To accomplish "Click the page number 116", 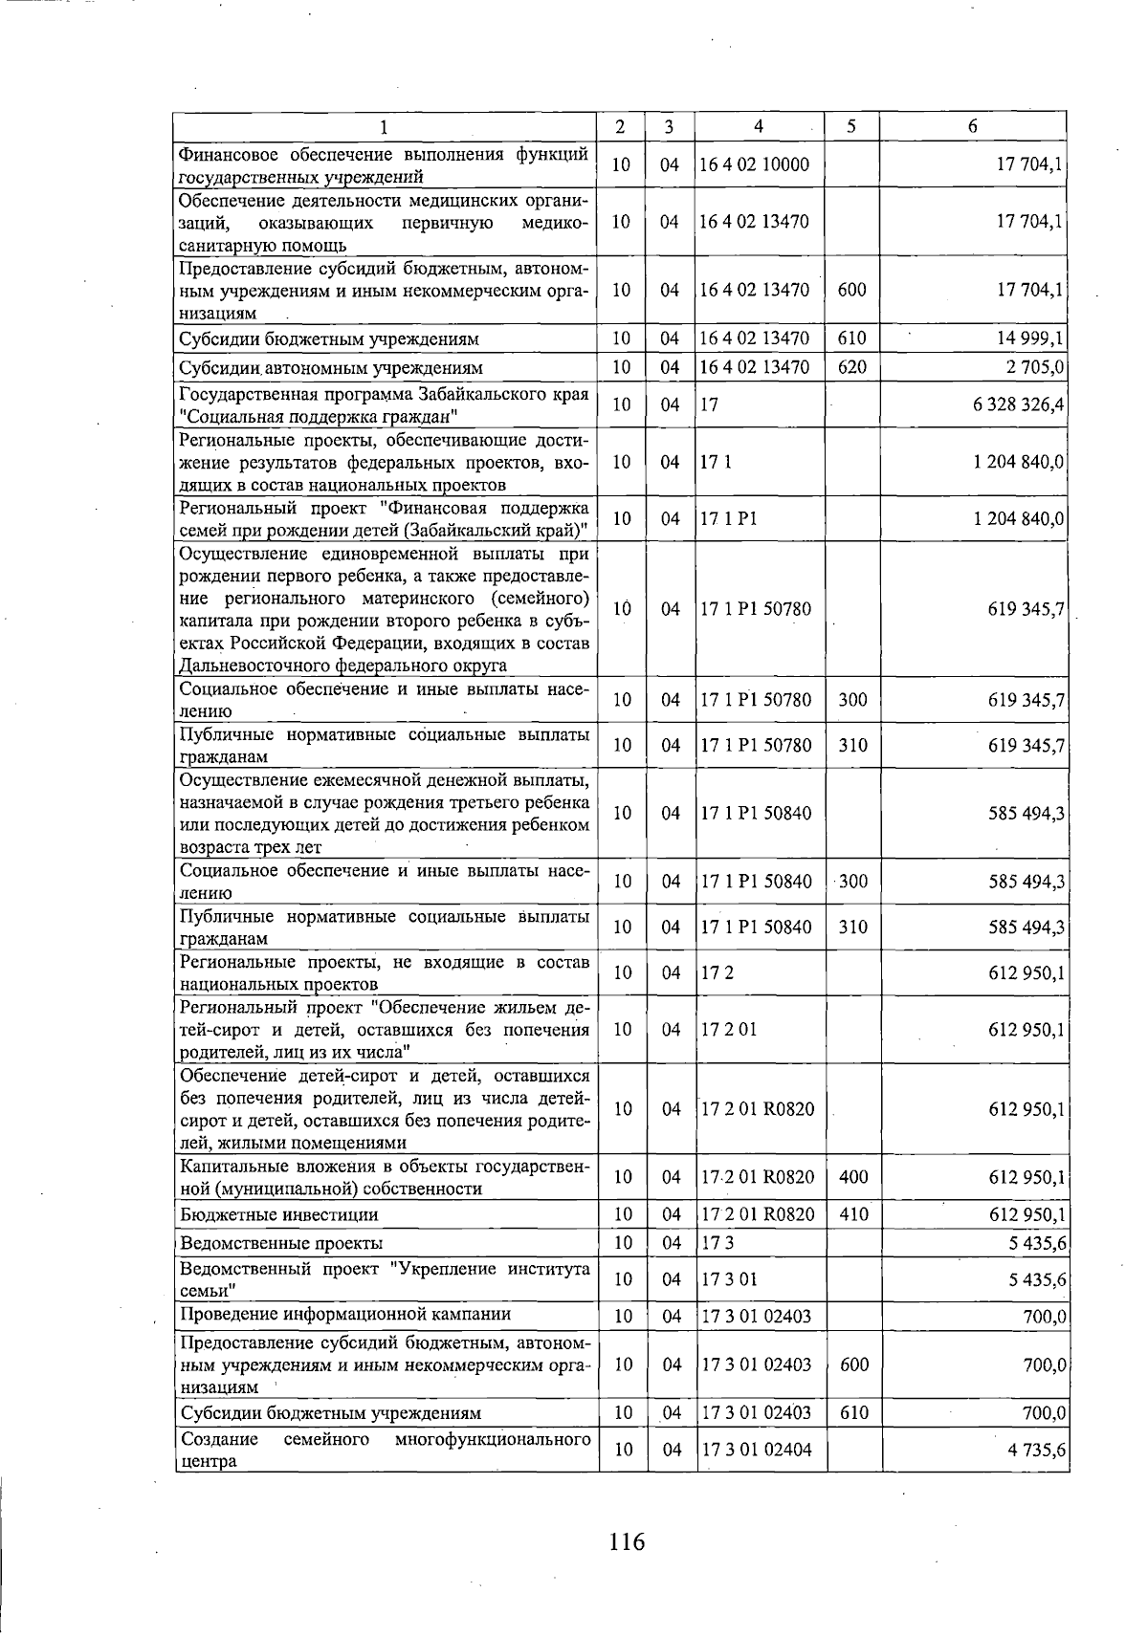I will pos(627,1540).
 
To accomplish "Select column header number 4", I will pos(758,126).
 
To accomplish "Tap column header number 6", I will pos(972,126).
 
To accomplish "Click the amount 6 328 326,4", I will pos(1019,404).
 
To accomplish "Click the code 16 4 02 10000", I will pos(754,164).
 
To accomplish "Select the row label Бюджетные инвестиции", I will pos(278,1214).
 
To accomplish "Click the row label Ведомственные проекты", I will pos(281,1243).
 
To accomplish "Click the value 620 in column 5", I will pos(851,367).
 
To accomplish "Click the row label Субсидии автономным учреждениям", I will pos(331,367).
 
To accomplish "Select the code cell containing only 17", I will pos(709,404).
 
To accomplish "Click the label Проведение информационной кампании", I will pos(345,1314).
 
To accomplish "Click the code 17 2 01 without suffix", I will pos(728,1029).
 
